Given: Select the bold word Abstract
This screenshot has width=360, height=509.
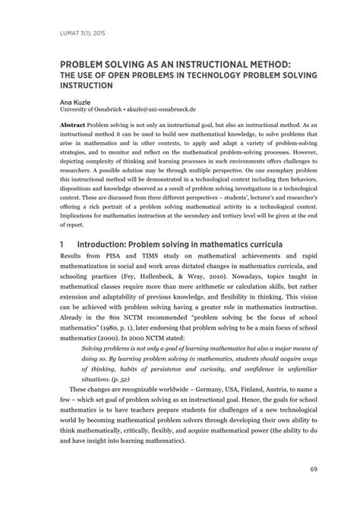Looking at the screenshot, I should click(x=72, y=124).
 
